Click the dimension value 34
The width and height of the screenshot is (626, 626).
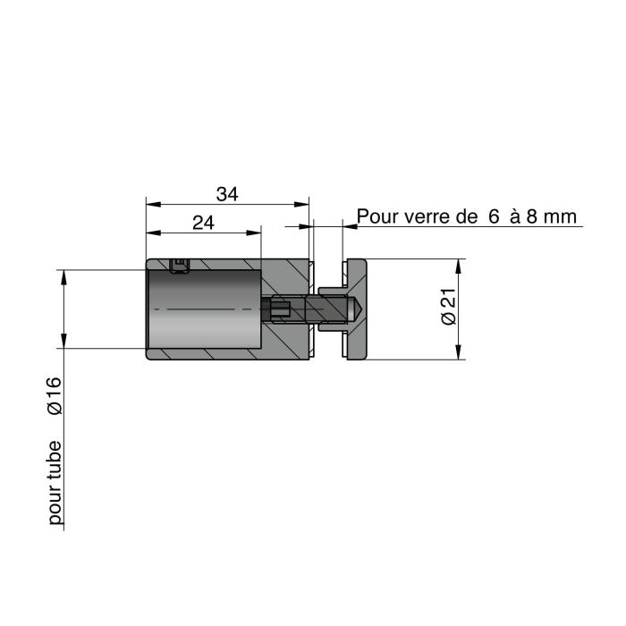(227, 194)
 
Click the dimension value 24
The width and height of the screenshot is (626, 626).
(203, 223)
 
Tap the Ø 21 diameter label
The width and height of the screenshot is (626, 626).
(448, 306)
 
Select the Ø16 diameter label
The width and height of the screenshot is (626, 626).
(55, 396)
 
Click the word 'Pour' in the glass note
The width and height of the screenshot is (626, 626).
(376, 216)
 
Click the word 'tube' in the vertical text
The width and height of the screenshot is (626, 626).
(55, 461)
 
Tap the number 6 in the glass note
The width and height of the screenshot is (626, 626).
(494, 216)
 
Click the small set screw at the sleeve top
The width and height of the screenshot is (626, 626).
(179, 266)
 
